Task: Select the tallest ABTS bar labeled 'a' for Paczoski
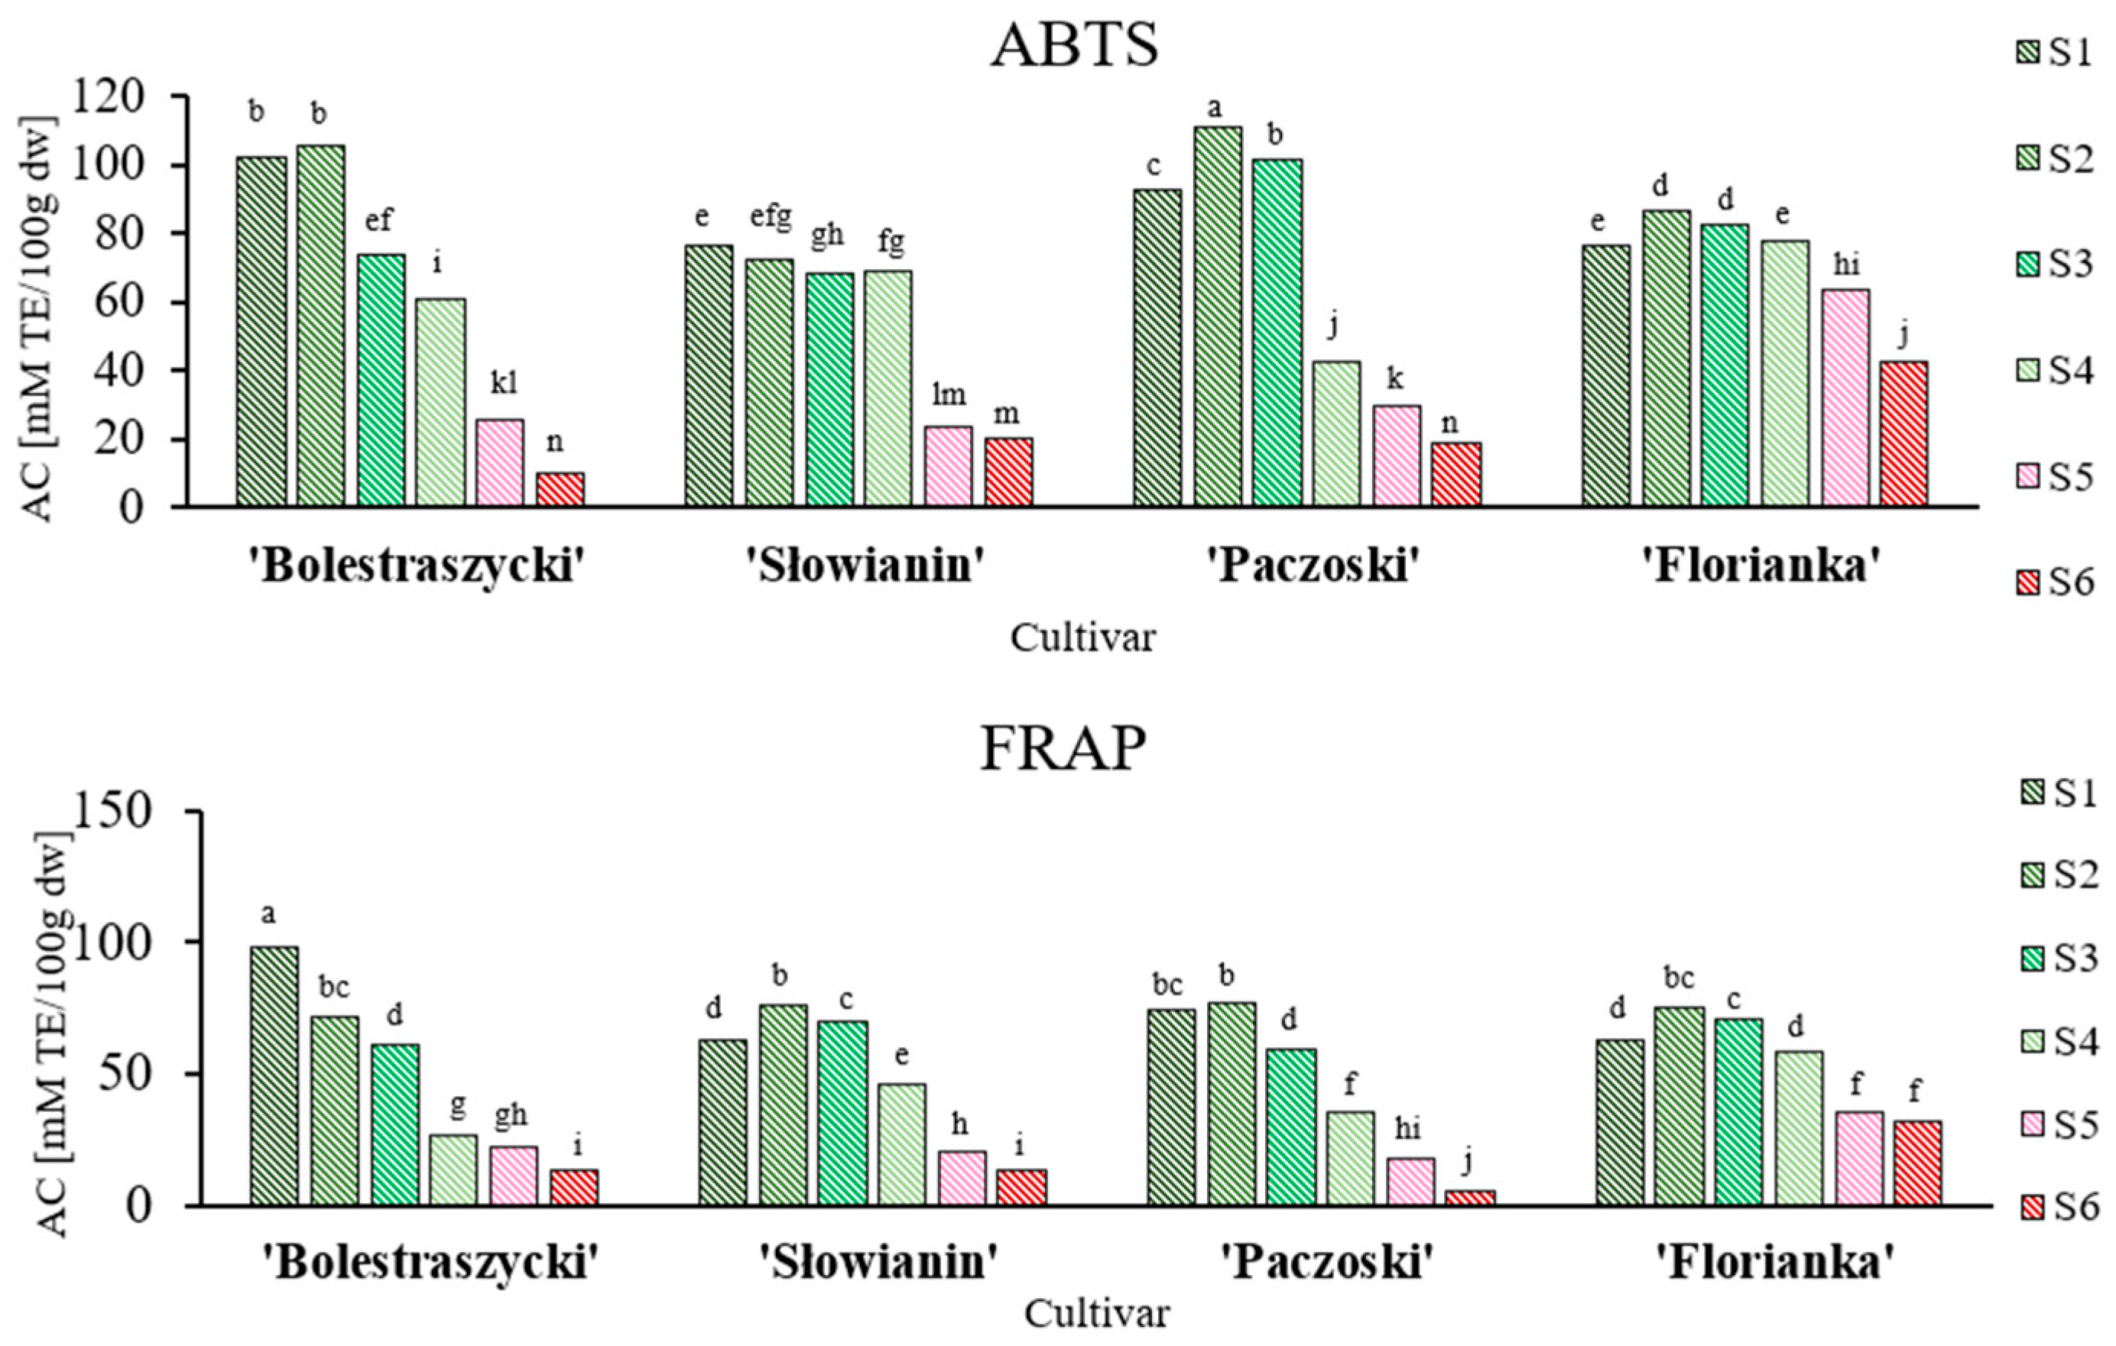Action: [x=1217, y=316]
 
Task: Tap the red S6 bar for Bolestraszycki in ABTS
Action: [x=560, y=490]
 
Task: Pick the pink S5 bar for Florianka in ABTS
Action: [x=1845, y=397]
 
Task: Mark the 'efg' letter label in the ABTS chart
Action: [x=770, y=216]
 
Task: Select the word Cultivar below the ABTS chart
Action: [x=1082, y=637]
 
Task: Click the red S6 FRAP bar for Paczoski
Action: [x=1469, y=1198]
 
